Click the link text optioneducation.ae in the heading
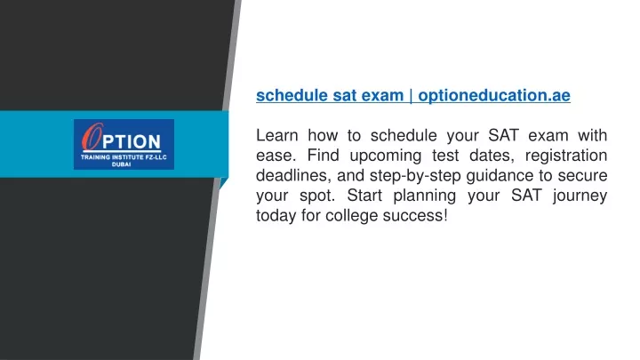tap(494, 95)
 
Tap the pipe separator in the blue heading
tap(410, 95)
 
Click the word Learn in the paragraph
tap(276, 135)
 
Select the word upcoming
tap(385, 156)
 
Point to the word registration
tap(566, 156)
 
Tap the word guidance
tap(500, 176)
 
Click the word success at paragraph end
tap(413, 216)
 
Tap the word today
tap(276, 216)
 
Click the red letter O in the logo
tap(92, 137)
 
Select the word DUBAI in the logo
tap(121, 164)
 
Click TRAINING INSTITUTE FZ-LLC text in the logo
tap(124, 157)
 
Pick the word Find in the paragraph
tap(322, 156)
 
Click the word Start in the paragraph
tap(364, 196)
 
